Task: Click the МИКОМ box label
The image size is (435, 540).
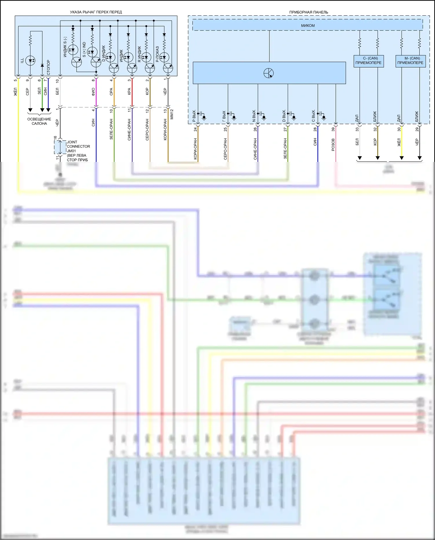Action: point(308,26)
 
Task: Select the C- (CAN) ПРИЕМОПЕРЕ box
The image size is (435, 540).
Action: point(369,61)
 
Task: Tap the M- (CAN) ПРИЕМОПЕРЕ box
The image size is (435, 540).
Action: point(410,61)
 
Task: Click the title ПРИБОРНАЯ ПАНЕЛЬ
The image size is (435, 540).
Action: point(309,12)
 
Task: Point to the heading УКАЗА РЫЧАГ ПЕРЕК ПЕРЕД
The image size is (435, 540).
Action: point(96,12)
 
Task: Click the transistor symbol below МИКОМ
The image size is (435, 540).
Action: point(269,73)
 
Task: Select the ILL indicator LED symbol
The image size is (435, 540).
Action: point(30,61)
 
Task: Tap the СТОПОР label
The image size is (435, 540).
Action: point(48,67)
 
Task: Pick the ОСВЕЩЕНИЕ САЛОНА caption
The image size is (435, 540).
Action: point(39,121)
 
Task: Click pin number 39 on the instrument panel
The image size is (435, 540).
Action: point(333,129)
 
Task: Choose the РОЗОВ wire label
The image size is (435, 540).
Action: point(333,145)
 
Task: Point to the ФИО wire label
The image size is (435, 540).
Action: point(93,92)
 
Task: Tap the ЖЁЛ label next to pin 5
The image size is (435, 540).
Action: point(16,92)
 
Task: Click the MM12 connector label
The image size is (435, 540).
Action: point(172,114)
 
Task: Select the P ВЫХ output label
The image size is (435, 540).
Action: point(194,116)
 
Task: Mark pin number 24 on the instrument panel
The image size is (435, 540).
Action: point(195,129)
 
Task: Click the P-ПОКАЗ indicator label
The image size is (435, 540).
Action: point(157,54)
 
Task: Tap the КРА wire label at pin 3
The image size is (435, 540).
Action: point(129,92)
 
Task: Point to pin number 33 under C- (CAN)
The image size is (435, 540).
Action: point(357,129)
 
